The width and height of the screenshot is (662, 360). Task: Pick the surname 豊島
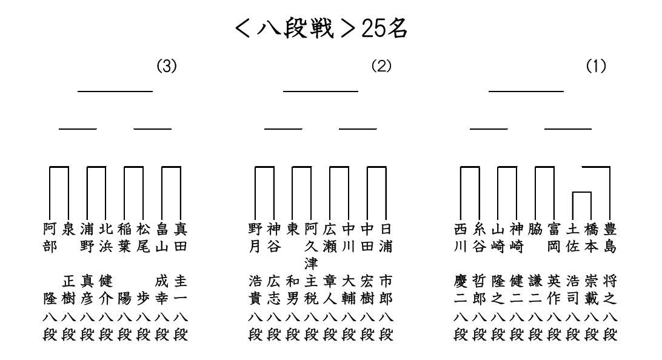pyautogui.click(x=610, y=238)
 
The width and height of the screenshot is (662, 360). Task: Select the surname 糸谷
pyautogui.click(x=479, y=238)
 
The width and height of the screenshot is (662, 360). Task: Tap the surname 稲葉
pyautogui.click(x=124, y=238)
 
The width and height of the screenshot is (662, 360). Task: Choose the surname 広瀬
pyautogui.click(x=330, y=238)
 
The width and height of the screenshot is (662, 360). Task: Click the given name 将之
pyautogui.click(x=610, y=290)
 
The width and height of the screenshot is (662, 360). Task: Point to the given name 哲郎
pyautogui.click(x=479, y=290)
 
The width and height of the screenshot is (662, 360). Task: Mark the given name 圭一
pyautogui.click(x=181, y=290)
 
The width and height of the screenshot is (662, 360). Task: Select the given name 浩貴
pyautogui.click(x=255, y=290)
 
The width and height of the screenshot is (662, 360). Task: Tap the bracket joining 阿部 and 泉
pyautogui.click(x=59, y=167)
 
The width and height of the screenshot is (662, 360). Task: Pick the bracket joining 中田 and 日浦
pyautogui.click(x=376, y=167)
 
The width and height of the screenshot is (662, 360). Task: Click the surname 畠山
pyautogui.click(x=162, y=238)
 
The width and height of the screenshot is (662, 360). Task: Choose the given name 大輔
pyautogui.click(x=349, y=290)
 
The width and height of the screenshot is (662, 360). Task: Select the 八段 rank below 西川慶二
pyautogui.click(x=461, y=325)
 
